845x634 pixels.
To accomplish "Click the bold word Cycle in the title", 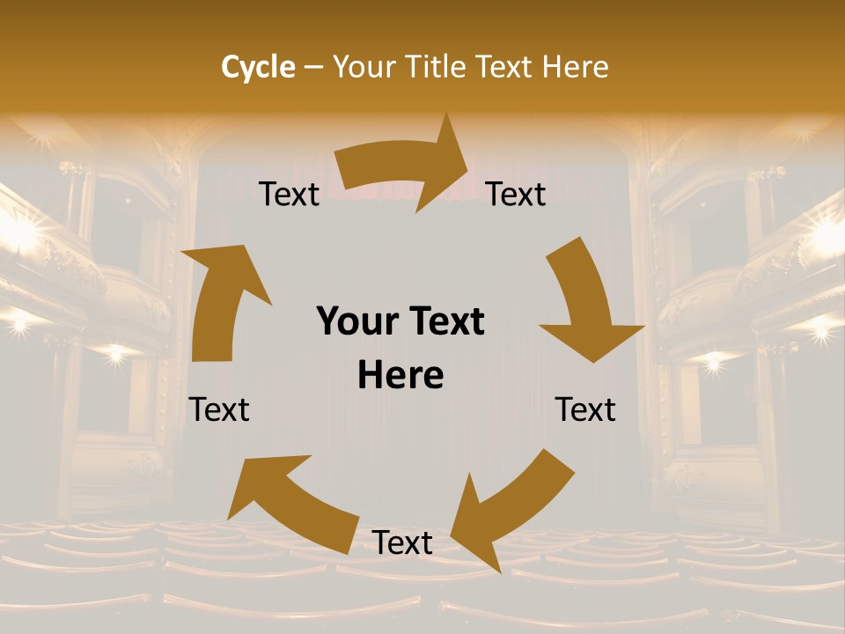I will (258, 67).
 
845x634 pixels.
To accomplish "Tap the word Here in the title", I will (576, 67).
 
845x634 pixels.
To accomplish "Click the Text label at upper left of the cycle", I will (290, 195).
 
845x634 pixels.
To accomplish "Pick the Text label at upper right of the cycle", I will (516, 195).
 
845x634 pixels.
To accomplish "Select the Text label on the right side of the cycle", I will (585, 409).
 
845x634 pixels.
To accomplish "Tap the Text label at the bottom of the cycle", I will (402, 542).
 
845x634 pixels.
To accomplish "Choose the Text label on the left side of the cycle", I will (219, 409).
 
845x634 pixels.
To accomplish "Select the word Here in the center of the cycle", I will (401, 376).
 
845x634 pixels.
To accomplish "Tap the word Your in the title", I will (363, 67).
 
